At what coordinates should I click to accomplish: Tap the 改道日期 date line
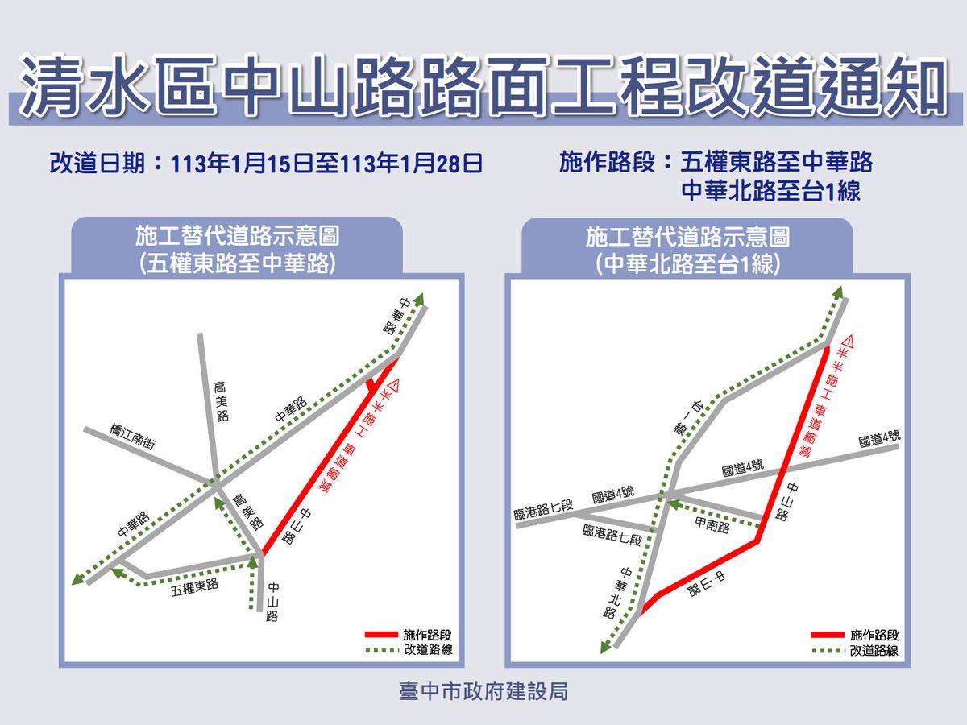(266, 164)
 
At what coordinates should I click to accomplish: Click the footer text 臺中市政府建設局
(483, 691)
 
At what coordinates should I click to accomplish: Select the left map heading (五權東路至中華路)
(236, 251)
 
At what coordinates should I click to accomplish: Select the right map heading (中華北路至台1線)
(687, 251)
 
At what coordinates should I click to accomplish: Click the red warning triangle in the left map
(394, 385)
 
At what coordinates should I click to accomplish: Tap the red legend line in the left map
(381, 635)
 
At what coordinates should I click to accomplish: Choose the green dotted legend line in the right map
(828, 650)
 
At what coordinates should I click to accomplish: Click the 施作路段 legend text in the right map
(874, 635)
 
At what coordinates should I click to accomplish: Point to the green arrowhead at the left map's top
(418, 297)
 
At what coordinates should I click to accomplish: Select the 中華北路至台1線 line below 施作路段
(771, 191)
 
